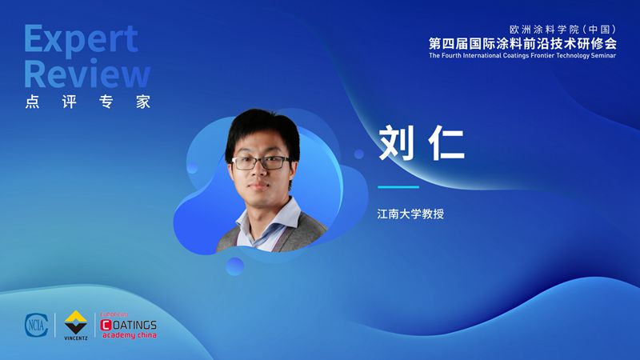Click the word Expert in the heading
point(81,39)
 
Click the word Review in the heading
point(87,73)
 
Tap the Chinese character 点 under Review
point(32,102)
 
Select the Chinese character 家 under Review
point(143,102)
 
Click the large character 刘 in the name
point(396,143)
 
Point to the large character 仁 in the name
point(446,143)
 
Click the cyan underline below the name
point(398,187)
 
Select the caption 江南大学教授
point(410,214)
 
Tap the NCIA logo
point(36,326)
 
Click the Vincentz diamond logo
point(76,325)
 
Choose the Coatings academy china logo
point(129,326)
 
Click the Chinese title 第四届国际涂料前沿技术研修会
point(522,43)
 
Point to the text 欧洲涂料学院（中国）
point(563,30)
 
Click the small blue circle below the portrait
point(234,266)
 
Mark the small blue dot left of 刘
point(359,154)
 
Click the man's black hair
point(262,126)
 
